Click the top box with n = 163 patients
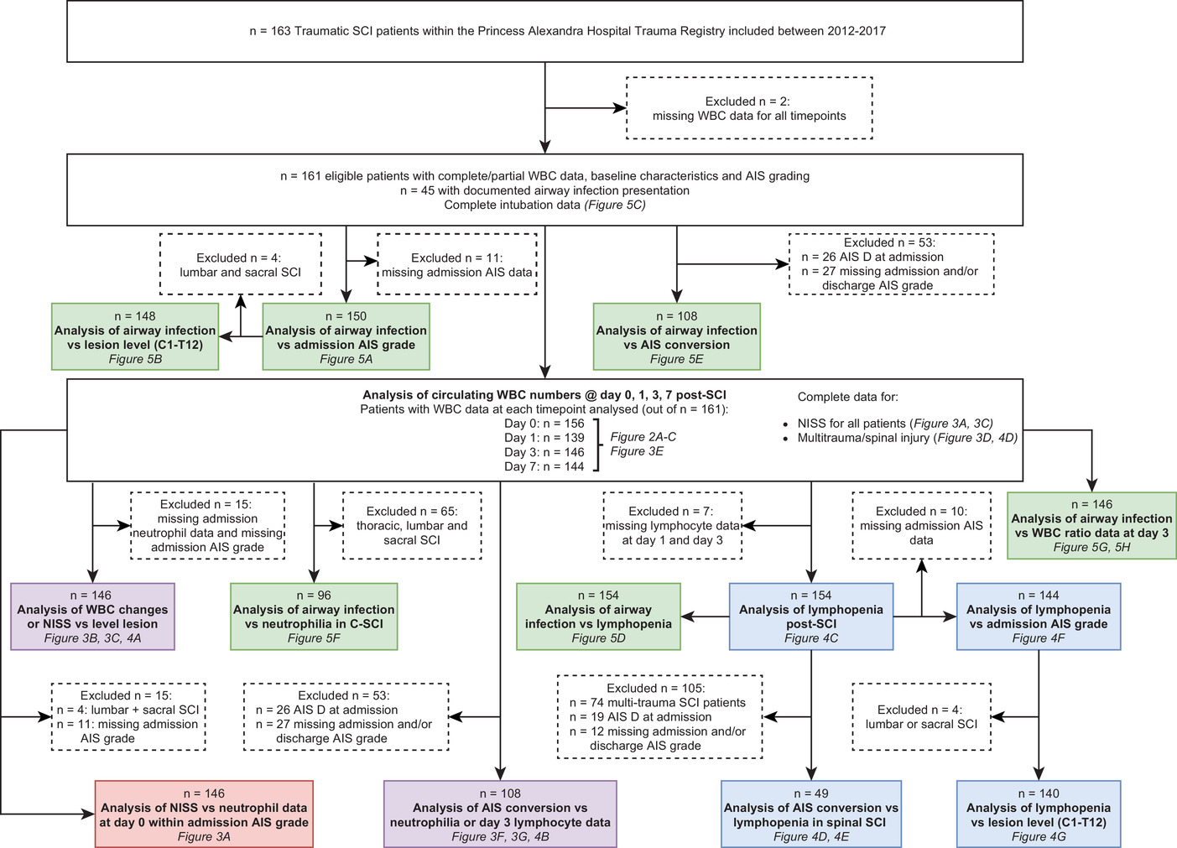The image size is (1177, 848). click(544, 31)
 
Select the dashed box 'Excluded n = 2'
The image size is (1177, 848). click(749, 108)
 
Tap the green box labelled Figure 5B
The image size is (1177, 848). click(135, 337)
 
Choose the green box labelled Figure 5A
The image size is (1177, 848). click(346, 337)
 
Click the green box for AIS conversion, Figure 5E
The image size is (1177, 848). click(677, 337)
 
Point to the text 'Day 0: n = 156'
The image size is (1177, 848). click(544, 424)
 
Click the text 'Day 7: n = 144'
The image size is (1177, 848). click(544, 466)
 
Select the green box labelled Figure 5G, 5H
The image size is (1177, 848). click(1092, 525)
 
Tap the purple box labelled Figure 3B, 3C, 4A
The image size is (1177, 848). click(92, 616)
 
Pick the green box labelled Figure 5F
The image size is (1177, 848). click(314, 616)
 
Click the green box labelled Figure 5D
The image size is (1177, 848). click(598, 616)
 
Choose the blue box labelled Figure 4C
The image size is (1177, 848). click(811, 616)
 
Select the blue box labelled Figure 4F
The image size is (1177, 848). click(1039, 616)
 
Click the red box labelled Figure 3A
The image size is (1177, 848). click(204, 814)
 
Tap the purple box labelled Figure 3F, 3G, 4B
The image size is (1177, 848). click(500, 814)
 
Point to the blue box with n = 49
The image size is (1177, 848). click(811, 814)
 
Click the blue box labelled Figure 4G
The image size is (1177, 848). click(1039, 814)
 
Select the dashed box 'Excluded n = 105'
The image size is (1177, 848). click(660, 716)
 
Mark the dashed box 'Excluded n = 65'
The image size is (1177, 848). click(412, 525)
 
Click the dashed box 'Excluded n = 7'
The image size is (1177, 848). click(673, 525)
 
